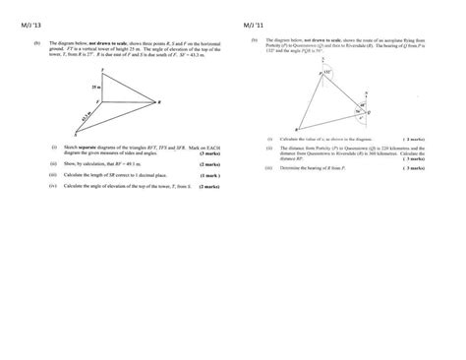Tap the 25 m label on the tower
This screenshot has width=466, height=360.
pyautogui.click(x=67, y=88)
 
